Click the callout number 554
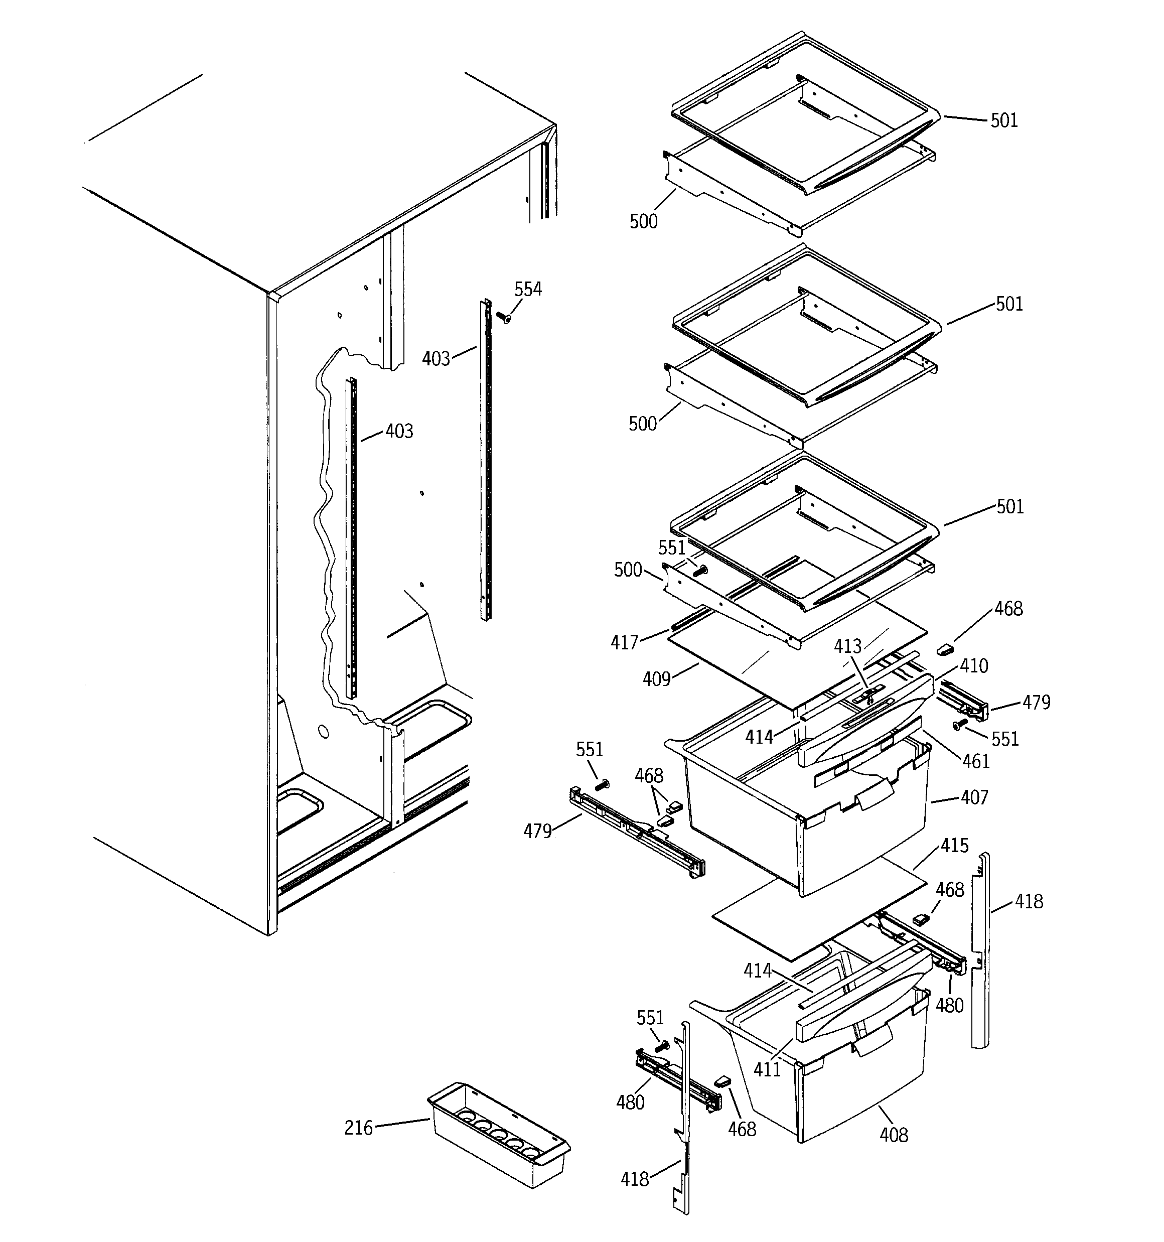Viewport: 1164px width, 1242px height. pos(528,289)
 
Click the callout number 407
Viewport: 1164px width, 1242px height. pos(974,798)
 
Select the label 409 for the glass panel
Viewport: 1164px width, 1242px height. pos(656,679)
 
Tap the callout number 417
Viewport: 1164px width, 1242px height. pos(624,642)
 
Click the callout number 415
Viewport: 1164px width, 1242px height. pos(954,846)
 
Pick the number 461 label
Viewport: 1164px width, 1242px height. pos(976,761)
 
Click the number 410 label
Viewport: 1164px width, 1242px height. pos(974,666)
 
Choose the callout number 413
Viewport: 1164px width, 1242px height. pos(848,646)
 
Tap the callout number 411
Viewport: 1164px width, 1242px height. pos(767,1070)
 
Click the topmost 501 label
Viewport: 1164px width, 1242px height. pos(1004,120)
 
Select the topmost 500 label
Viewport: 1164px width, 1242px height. pos(644,221)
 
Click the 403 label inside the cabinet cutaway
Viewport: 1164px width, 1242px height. pos(399,431)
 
